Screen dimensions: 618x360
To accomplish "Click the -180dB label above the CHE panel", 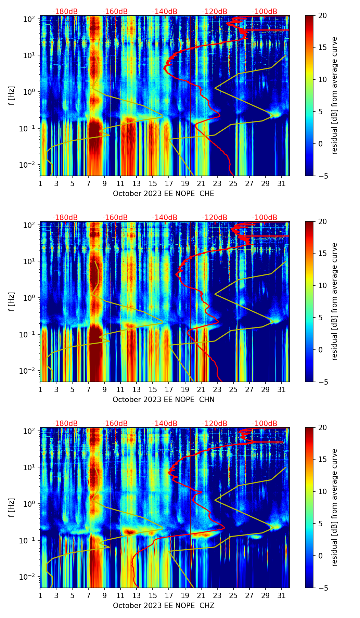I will click(x=65, y=12).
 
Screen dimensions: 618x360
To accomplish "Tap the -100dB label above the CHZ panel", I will click(x=265, y=424).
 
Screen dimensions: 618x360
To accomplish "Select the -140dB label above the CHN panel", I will click(x=165, y=218).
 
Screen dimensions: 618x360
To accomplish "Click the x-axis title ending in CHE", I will click(x=163, y=194).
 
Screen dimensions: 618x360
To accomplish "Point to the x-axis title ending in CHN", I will click(x=163, y=400).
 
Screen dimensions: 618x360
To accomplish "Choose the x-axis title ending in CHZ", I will click(x=163, y=606).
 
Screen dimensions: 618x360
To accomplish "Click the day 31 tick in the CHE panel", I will click(x=281, y=183).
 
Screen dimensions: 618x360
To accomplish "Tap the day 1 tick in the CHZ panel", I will click(x=40, y=595).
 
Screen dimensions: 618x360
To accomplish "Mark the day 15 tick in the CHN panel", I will click(x=153, y=389).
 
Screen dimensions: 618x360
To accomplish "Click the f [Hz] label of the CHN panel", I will click(x=12, y=301).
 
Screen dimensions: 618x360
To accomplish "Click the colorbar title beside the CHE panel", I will click(x=335, y=95).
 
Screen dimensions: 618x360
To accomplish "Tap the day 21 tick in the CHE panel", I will click(x=201, y=183).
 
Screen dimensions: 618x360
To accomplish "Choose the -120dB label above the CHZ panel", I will click(x=215, y=424).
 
